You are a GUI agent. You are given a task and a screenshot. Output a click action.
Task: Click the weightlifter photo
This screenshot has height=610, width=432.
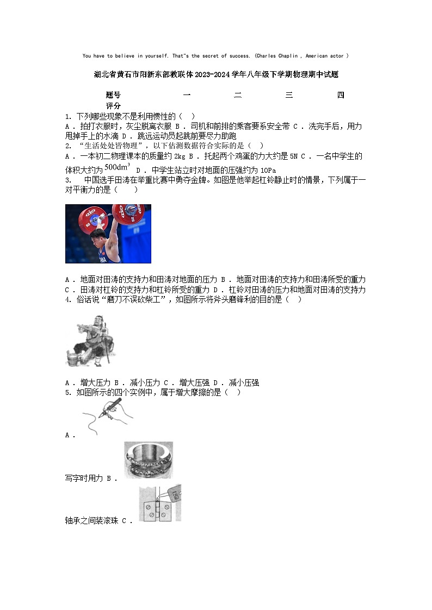[108, 234]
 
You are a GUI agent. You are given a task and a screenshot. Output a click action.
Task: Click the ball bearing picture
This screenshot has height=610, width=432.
[148, 460]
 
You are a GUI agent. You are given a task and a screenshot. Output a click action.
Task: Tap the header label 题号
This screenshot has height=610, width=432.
[113, 96]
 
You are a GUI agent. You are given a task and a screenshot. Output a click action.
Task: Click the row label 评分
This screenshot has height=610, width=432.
[113, 106]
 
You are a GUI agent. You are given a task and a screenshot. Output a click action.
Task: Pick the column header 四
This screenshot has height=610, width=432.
[341, 96]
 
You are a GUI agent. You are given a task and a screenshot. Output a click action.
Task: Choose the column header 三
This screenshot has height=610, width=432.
[289, 96]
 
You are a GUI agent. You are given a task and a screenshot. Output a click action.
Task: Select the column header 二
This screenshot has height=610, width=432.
[238, 96]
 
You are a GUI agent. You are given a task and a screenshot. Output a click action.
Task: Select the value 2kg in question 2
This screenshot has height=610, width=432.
[180, 156]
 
